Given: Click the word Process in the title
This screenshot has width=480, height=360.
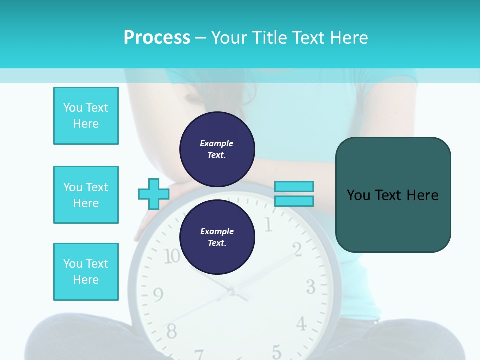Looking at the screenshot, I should (157, 38).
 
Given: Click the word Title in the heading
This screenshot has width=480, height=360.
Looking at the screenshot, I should (267, 38).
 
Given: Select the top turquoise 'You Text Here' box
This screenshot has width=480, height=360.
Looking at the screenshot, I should (86, 116).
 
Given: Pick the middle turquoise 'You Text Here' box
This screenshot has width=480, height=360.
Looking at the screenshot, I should (86, 195).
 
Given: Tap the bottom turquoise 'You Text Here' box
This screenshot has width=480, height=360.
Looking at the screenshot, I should (86, 272).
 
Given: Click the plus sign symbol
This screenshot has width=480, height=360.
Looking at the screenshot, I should (154, 194).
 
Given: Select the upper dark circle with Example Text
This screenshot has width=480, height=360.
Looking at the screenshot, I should (217, 149).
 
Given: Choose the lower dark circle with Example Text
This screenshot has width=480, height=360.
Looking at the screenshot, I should (217, 237).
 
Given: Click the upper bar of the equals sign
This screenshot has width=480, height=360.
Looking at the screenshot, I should (294, 187).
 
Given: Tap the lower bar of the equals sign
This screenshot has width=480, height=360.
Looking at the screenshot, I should (294, 201).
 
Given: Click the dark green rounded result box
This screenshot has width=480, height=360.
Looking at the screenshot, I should (393, 195).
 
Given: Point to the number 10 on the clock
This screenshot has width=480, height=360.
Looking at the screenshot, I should (172, 256).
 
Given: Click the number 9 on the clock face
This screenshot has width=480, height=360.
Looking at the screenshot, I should (158, 295).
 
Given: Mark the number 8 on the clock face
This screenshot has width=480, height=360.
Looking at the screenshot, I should (171, 331).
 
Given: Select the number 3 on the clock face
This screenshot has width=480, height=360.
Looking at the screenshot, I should (310, 287).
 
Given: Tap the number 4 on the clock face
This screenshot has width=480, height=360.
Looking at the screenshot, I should (301, 324).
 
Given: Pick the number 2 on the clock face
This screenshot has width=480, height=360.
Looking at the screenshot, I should (296, 248).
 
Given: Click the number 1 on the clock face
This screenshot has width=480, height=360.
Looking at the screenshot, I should (268, 225).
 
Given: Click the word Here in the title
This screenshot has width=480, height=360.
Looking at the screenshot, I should (348, 38).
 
